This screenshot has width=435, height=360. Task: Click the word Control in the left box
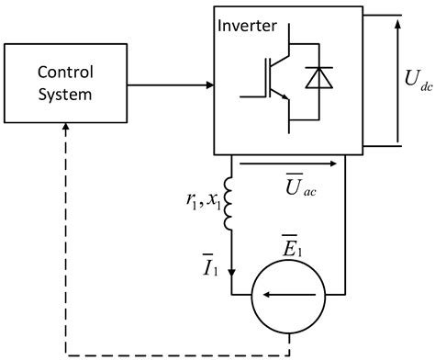point(65,72)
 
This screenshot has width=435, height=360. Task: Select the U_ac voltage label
point(300,192)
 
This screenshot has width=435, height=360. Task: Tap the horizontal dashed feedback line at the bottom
point(174,353)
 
